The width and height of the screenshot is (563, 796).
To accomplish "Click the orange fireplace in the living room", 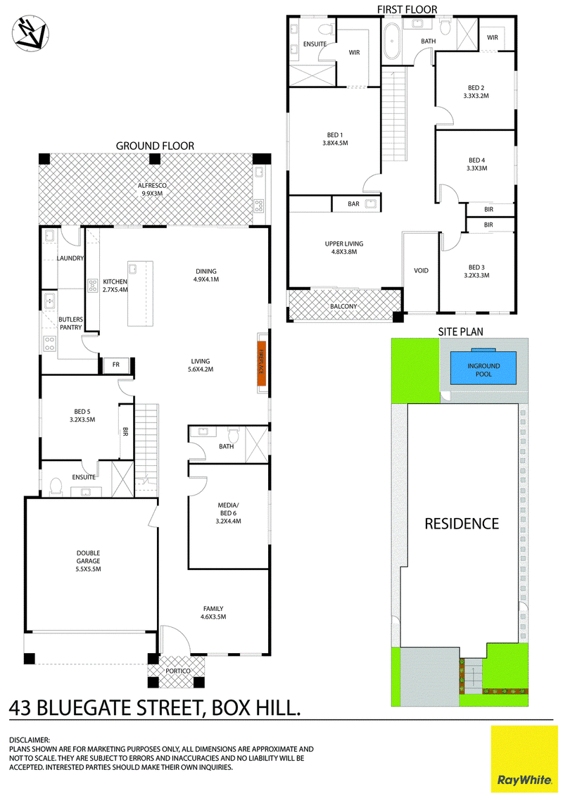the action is [x=262, y=362].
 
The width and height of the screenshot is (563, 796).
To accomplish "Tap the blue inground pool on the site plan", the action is [x=483, y=369].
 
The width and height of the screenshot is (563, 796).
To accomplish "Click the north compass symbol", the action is [x=30, y=34].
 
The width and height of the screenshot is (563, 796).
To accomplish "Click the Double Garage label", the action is [x=89, y=561].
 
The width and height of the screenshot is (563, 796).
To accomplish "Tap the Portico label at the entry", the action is [x=177, y=671].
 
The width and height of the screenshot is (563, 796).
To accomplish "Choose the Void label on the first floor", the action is [x=421, y=270].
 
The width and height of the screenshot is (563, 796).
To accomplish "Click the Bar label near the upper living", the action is [x=353, y=204].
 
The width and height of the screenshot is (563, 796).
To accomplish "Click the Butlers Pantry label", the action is [x=70, y=323].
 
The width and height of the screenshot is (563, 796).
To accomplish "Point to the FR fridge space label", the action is [x=115, y=365].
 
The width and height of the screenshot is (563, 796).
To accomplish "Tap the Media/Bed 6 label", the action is [x=228, y=513].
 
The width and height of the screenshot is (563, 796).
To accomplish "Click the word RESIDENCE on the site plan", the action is [x=462, y=524].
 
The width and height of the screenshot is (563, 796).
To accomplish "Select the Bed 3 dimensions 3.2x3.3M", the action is [x=476, y=276].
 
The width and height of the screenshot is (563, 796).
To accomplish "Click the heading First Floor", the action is [x=407, y=9].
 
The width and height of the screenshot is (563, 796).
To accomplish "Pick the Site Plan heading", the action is [x=460, y=331].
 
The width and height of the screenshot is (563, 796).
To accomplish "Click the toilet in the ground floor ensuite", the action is [x=56, y=486].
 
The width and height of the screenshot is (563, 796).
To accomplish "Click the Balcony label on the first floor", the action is [x=343, y=307].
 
